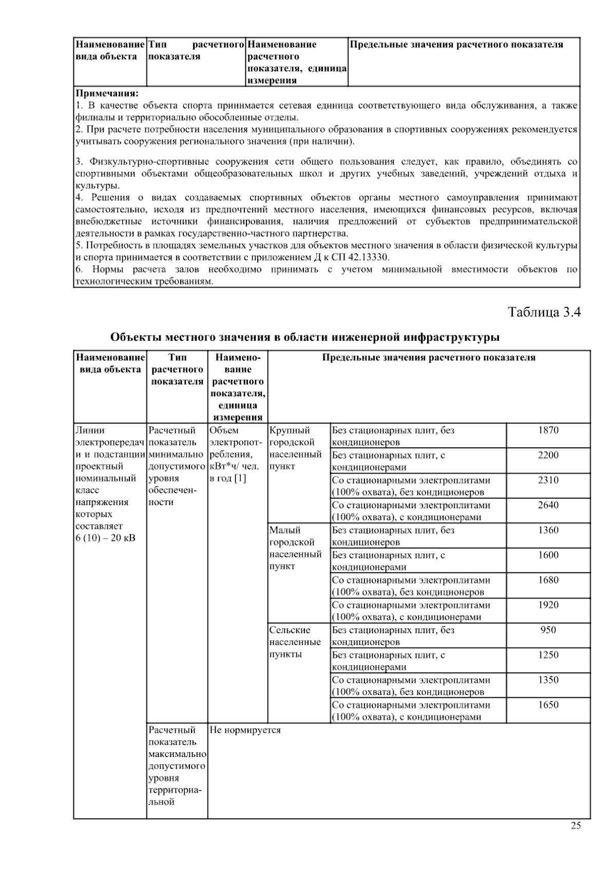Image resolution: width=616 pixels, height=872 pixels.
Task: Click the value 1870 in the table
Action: [x=548, y=431]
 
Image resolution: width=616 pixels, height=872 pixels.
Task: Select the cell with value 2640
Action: [x=548, y=505]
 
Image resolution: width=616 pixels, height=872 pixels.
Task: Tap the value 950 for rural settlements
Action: [x=548, y=630]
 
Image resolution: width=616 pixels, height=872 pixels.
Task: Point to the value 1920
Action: [x=548, y=605]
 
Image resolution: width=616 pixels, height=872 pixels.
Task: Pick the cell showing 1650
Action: [x=548, y=705]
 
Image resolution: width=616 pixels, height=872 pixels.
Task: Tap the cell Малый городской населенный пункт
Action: [x=295, y=548]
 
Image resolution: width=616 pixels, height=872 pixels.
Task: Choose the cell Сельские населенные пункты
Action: [x=295, y=642]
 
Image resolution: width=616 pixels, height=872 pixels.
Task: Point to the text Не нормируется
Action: [x=245, y=730]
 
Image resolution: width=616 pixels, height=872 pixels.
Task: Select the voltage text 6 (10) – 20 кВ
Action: [x=105, y=539]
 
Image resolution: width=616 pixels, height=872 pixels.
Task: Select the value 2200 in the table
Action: [x=548, y=455]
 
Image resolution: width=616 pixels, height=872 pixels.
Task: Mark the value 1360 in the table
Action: [x=548, y=530]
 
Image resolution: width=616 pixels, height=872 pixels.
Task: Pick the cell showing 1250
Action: [x=548, y=655]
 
